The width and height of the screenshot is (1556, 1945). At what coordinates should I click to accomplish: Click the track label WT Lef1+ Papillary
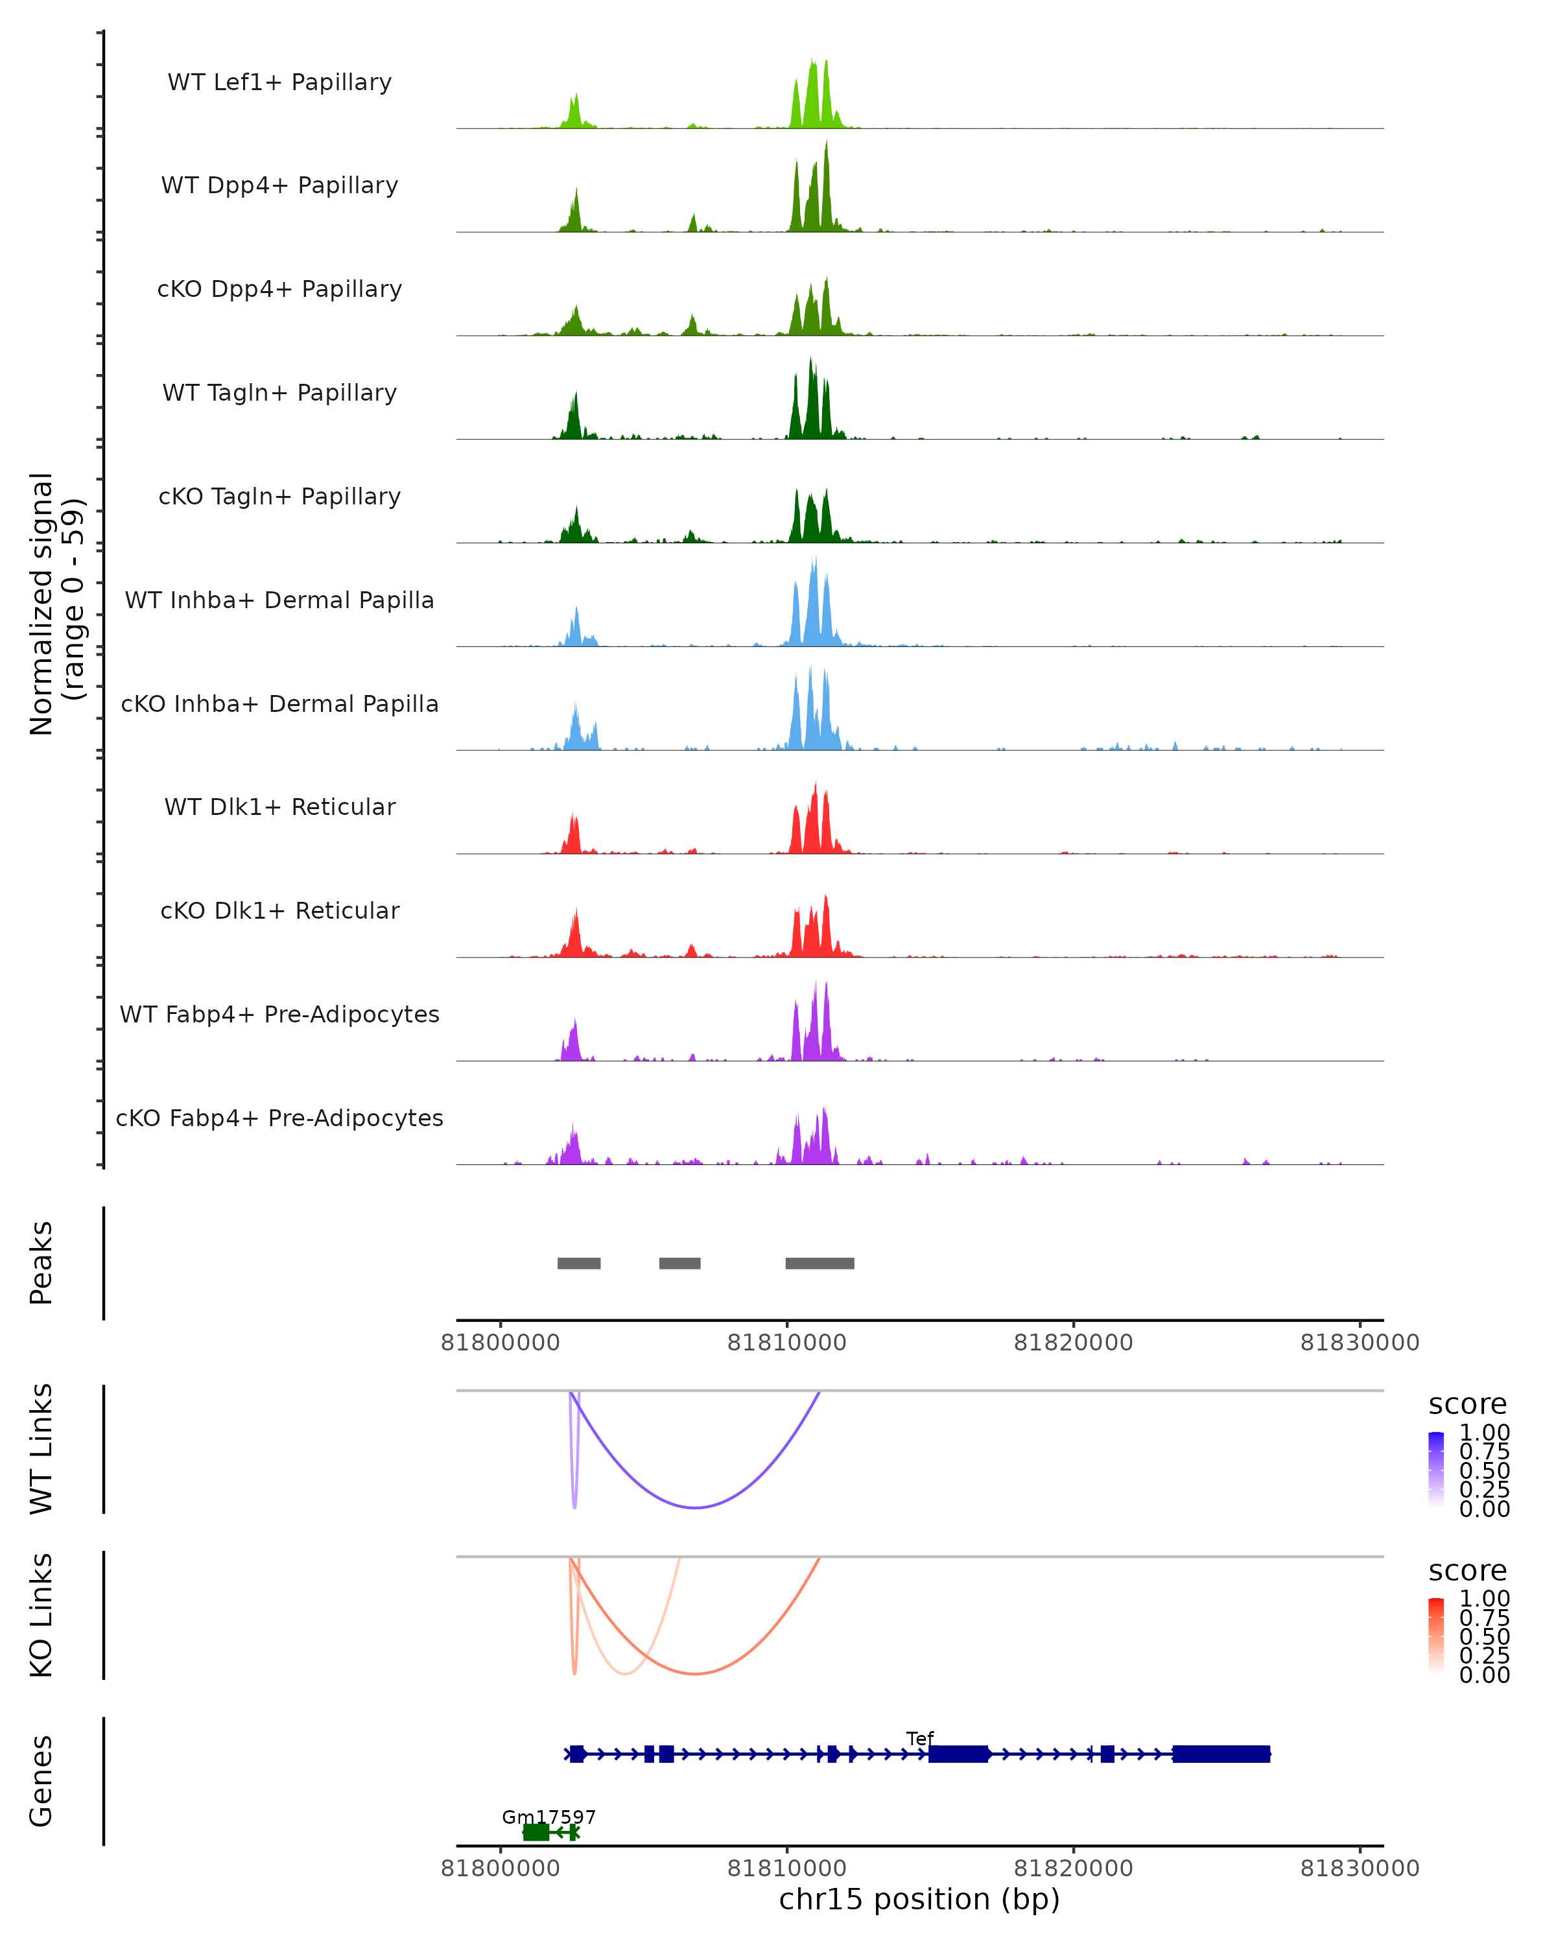279,82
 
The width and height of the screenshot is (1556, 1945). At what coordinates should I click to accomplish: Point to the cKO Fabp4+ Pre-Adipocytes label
279,1118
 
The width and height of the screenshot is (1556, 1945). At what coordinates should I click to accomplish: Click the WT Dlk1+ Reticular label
279,807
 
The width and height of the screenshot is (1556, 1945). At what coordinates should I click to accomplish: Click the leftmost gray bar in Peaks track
579,1263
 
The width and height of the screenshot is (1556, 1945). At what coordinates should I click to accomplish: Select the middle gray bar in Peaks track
680,1263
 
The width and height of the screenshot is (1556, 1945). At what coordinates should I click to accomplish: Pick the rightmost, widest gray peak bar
820,1263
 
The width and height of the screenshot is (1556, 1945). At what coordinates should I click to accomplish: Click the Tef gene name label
920,1738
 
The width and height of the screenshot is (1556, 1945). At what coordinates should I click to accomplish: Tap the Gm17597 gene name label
548,1817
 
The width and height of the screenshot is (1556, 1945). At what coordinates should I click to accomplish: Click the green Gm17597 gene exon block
536,1832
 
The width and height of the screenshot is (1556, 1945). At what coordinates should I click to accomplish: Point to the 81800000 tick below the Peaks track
500,1343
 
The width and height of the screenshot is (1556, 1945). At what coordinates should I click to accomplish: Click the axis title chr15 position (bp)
919,1900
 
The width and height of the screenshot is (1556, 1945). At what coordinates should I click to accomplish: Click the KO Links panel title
41,1615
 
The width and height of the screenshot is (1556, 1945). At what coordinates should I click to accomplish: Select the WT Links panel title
41,1449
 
